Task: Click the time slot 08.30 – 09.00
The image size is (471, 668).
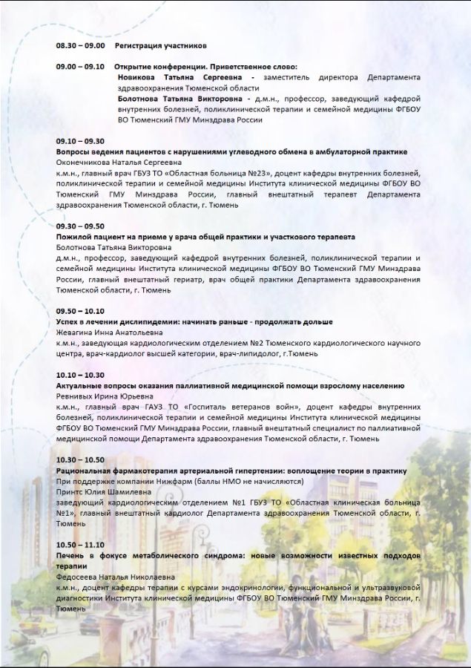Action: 80,46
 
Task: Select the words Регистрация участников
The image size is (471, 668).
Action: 155,46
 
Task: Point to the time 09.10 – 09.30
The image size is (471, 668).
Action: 80,141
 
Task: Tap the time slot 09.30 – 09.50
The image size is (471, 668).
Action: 80,226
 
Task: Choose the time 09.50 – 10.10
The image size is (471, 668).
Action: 80,311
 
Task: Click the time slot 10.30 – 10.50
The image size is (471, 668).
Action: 80,460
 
